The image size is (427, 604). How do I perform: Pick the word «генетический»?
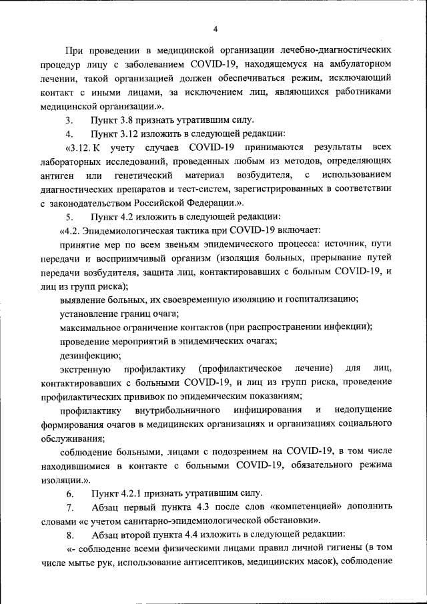click(142, 175)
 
